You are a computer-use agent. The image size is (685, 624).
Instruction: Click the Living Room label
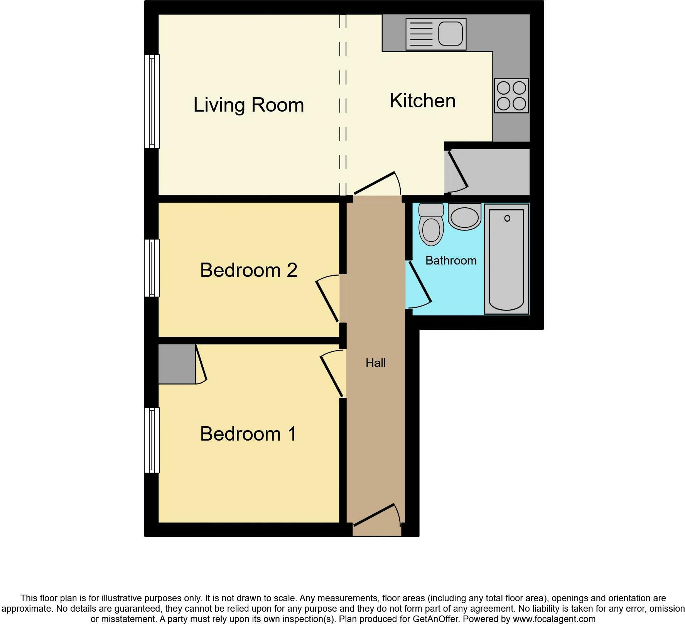click(249, 105)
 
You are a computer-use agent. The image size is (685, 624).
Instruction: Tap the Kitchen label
click(423, 101)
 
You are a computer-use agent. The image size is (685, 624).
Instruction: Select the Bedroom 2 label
click(249, 270)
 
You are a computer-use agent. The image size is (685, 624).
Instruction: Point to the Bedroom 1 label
click(249, 434)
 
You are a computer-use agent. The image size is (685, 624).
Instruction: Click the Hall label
click(376, 363)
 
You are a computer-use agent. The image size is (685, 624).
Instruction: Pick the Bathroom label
click(451, 260)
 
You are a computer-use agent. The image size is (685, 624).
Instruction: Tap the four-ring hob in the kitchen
click(511, 96)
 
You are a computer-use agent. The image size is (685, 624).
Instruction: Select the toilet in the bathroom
click(431, 225)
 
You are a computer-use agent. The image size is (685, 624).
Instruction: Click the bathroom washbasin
click(465, 217)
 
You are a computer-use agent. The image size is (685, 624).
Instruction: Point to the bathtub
click(506, 259)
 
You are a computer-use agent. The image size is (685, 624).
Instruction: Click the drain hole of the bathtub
click(507, 218)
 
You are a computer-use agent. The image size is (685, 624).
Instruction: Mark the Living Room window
click(152, 101)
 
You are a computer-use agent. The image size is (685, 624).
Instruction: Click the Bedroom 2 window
click(152, 268)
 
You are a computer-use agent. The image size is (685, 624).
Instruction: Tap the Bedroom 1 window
click(152, 440)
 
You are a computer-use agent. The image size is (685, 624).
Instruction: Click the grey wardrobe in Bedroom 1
click(177, 364)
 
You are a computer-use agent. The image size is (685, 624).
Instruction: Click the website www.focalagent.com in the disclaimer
click(554, 619)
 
